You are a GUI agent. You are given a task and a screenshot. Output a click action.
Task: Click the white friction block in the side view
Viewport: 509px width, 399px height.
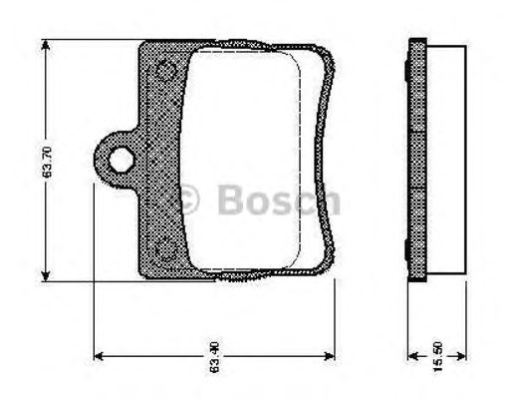point(447,160)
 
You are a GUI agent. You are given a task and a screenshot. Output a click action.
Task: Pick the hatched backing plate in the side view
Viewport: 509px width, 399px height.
point(419,160)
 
